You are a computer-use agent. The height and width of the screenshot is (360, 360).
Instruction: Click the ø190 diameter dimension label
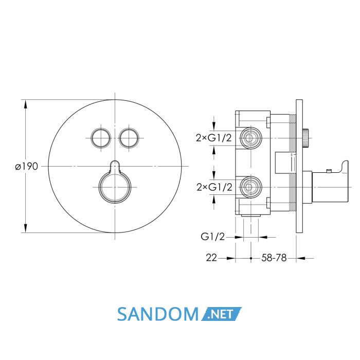tap(26, 166)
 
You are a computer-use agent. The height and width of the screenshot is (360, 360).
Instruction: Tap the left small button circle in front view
tap(101, 138)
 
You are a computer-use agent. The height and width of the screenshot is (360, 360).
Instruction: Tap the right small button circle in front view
tap(129, 138)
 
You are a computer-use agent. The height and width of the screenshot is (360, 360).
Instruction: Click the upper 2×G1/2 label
tap(214, 138)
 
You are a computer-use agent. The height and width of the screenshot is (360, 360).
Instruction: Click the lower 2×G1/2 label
tap(214, 187)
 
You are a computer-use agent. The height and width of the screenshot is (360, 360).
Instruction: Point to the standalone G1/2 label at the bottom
tap(212, 237)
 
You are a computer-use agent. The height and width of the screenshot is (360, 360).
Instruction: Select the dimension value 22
tap(211, 258)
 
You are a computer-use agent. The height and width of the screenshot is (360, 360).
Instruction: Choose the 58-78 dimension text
tap(274, 258)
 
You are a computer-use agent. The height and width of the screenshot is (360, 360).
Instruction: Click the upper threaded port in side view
tap(250, 138)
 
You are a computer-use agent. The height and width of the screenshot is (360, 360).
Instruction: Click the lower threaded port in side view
tap(250, 187)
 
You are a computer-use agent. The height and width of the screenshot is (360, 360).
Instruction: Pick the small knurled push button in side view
tap(306, 138)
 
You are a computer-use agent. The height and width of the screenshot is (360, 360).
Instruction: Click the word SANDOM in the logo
tap(158, 314)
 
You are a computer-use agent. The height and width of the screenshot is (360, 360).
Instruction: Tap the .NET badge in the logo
tap(221, 314)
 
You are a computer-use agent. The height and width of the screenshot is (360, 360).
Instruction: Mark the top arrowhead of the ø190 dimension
tap(26, 104)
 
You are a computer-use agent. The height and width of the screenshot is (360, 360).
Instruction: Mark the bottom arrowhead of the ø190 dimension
tap(26, 228)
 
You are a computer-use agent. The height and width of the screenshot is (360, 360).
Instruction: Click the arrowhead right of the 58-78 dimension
tap(301, 258)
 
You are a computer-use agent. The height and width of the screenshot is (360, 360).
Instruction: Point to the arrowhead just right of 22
tap(231, 258)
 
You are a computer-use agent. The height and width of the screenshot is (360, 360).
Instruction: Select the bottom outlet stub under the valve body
tap(251, 216)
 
